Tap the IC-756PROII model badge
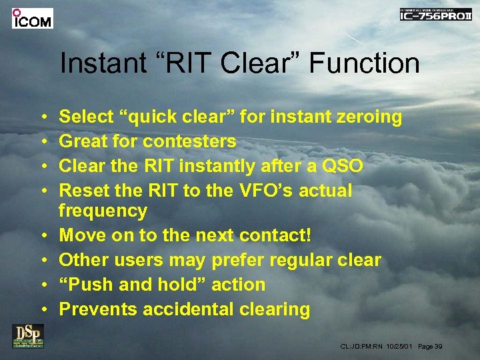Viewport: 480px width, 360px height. [x=435, y=15]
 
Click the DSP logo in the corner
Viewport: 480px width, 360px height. [x=27, y=335]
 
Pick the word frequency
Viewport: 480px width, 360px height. [x=103, y=211]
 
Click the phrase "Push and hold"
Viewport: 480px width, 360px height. [x=133, y=285]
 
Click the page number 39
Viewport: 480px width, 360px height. [x=439, y=347]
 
